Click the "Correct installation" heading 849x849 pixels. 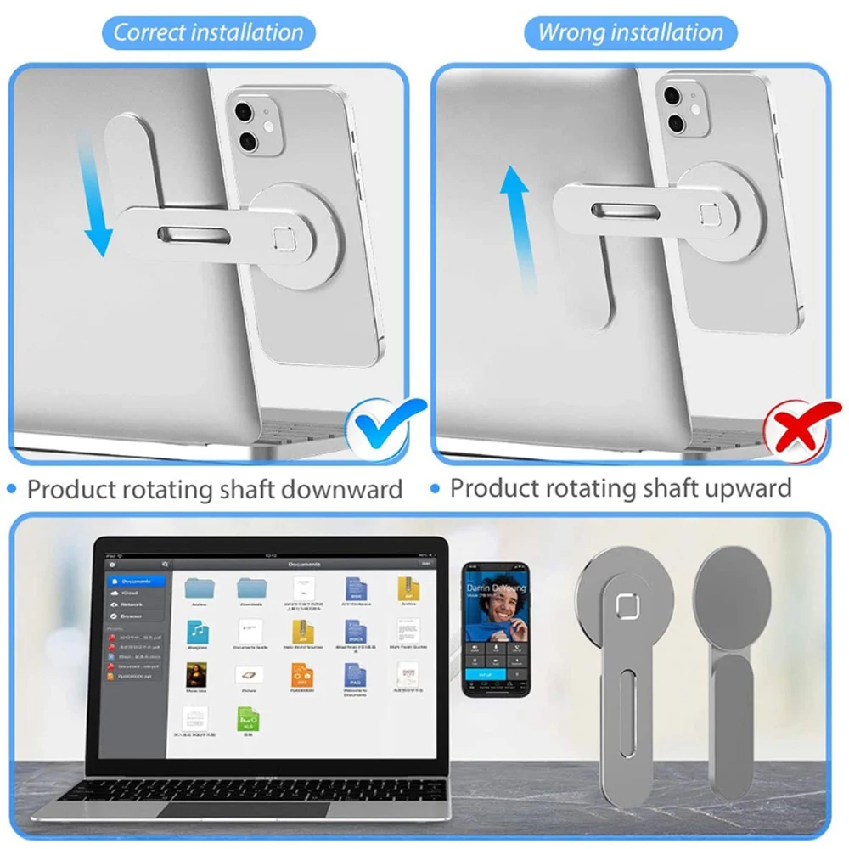click(208, 33)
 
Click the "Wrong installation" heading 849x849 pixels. click(631, 33)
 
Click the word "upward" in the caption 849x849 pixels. click(737, 488)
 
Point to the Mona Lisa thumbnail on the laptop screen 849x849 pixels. click(197, 675)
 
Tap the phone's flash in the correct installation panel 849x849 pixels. click(269, 127)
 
